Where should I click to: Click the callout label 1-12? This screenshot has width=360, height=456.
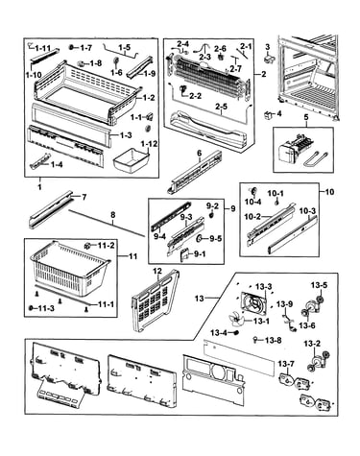pos(148,144)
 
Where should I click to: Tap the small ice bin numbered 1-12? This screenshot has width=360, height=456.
pos(131,159)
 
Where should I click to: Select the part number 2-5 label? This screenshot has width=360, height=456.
pos(221,106)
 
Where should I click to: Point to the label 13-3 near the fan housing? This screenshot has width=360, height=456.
pos(264,286)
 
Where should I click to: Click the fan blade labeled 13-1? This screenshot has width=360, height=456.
pos(237,319)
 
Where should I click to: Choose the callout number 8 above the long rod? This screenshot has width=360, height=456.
pos(112,215)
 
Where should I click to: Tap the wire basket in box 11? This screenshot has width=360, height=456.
pos(70,268)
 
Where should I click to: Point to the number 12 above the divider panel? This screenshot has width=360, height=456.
pos(157,272)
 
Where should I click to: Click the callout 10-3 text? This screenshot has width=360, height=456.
pos(307,211)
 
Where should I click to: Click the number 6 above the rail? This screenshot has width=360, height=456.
pos(199,154)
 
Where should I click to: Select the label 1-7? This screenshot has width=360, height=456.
pos(85,48)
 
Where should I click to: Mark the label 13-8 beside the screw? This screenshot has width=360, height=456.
pos(273,341)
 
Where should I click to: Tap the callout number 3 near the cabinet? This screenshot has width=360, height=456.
pos(268,47)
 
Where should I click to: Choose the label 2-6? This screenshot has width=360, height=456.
pos(220,48)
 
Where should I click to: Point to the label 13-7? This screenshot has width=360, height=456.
pos(286,364)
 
